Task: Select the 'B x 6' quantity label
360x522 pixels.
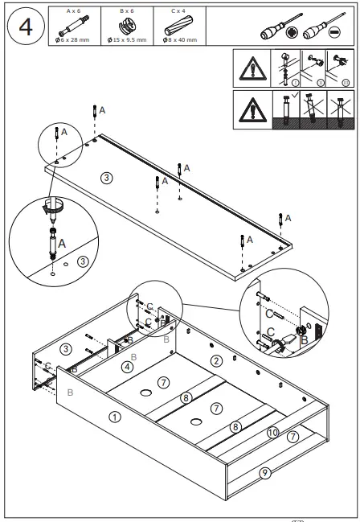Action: click(x=127, y=10)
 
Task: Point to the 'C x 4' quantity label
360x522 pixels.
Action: click(x=178, y=10)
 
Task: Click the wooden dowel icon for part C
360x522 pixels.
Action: click(x=178, y=26)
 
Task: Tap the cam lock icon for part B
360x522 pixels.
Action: click(x=127, y=27)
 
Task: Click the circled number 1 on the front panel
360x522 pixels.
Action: click(x=114, y=417)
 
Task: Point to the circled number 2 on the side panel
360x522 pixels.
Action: click(x=215, y=360)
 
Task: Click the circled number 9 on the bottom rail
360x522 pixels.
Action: click(x=264, y=473)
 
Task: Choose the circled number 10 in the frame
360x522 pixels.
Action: click(x=272, y=433)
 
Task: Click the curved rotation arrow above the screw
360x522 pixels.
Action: click(x=54, y=205)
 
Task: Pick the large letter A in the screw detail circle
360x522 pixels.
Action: click(x=62, y=240)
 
